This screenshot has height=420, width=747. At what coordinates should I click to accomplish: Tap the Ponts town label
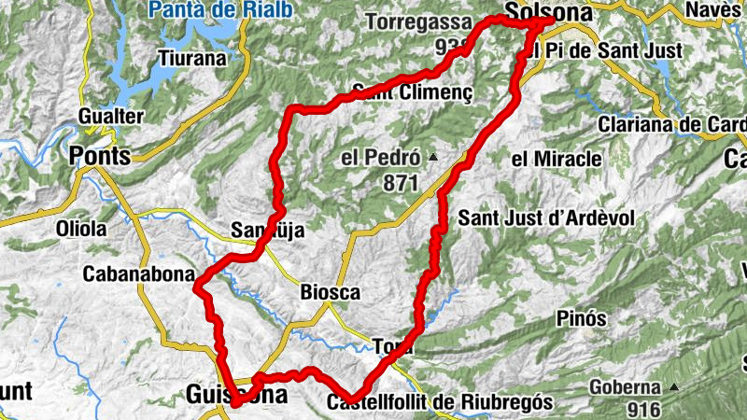[101, 156]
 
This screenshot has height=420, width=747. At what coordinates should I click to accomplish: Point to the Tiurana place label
[192, 58]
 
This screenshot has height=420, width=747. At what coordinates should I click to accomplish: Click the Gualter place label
[111, 117]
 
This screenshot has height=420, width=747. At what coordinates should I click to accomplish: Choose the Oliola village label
[81, 229]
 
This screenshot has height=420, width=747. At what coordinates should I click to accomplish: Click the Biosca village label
[330, 293]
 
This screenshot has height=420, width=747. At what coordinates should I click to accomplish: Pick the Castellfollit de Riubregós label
[441, 402]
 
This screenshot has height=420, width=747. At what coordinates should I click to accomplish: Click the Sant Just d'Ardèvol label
[546, 217]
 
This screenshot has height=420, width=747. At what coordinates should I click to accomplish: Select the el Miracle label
[557, 160]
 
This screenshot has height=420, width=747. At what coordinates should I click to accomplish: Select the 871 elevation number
[400, 183]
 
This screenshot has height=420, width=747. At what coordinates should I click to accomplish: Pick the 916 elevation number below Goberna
[643, 409]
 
